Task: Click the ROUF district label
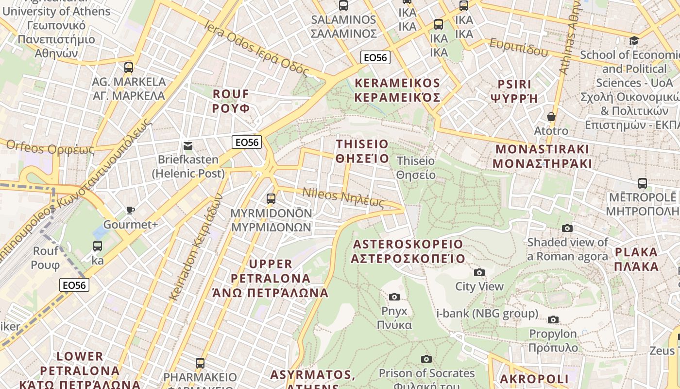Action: [231, 101]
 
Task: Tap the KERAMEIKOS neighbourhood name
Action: [397, 90]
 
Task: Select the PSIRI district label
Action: [514, 91]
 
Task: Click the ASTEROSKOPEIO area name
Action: [408, 251]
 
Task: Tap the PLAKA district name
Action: [636, 259]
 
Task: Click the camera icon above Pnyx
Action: [394, 297]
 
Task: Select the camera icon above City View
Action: [479, 272]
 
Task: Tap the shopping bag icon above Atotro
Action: [551, 117]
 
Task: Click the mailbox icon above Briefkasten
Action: [188, 145]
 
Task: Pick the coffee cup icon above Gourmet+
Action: [130, 211]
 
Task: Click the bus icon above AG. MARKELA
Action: [129, 68]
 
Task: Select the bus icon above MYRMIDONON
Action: [271, 199]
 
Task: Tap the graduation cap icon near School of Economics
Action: [634, 40]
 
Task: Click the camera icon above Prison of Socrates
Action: [426, 359]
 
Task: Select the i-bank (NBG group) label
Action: [487, 314]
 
